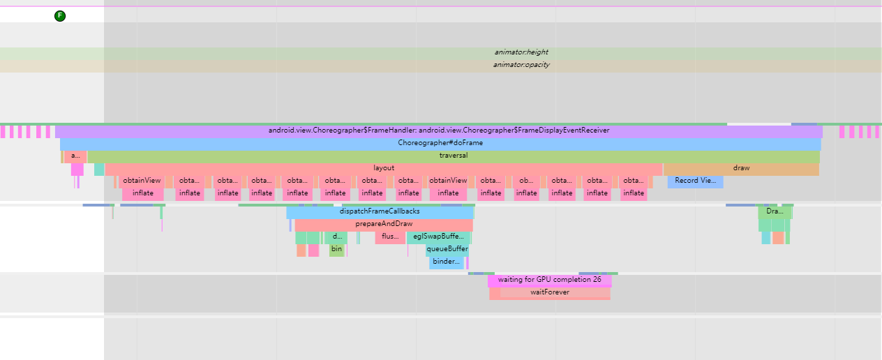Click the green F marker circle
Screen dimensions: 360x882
pos(60,16)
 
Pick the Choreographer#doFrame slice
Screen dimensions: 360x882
pos(440,143)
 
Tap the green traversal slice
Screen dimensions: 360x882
pos(454,156)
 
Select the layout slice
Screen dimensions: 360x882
pos(384,168)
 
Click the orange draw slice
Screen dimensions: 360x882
pos(741,168)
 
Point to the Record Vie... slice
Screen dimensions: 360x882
pos(695,181)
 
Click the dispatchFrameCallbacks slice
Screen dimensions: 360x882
pos(380,211)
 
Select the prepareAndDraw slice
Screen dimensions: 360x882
pos(384,224)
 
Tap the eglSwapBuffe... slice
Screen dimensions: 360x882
pos(438,237)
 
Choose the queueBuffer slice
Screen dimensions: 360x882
pos(447,249)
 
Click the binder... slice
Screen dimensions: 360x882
pos(447,262)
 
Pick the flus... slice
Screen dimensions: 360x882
pos(390,237)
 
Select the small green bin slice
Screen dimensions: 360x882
pos(337,249)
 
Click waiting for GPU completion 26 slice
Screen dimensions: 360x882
pos(549,280)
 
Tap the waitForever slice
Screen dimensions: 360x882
pos(549,292)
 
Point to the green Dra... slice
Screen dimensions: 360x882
pos(774,211)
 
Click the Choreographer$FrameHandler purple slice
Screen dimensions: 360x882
pos(438,130)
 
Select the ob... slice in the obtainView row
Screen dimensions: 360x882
pos(527,181)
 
